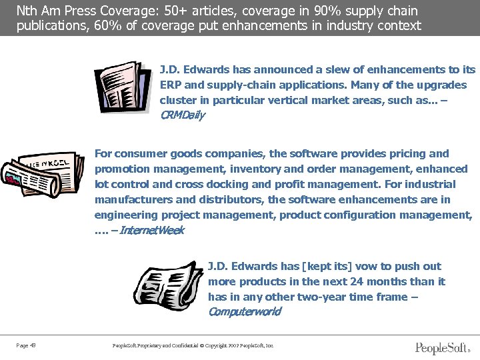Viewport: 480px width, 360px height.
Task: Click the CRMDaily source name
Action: [x=182, y=115]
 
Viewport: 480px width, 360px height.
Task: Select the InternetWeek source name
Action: [x=151, y=231]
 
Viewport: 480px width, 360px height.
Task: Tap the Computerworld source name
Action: [x=244, y=312]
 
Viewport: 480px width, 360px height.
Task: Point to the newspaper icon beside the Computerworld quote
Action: [x=169, y=284]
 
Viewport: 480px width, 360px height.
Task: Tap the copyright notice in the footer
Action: [x=194, y=345]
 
